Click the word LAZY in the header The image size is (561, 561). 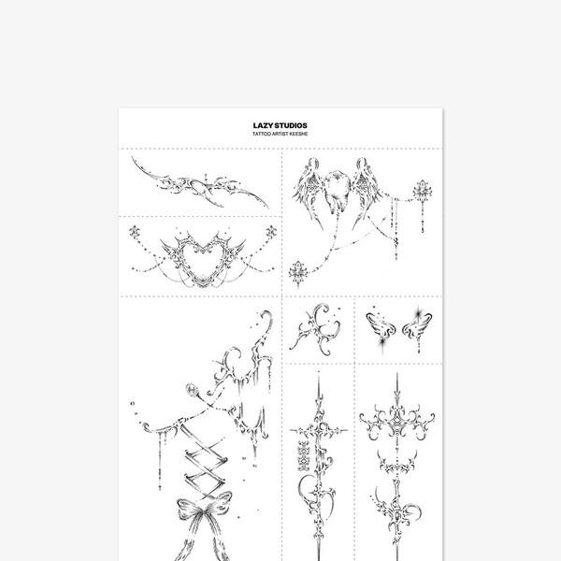coord(262,125)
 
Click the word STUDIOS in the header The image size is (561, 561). coord(291,125)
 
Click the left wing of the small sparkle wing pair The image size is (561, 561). coord(381,326)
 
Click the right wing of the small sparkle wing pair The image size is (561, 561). coord(417,325)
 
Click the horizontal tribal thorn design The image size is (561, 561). coord(200,183)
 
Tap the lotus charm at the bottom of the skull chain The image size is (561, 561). coord(298,273)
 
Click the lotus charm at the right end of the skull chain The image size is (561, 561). coord(423,191)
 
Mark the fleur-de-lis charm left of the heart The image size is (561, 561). coord(135,233)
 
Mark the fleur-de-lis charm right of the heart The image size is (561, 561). coord(271,233)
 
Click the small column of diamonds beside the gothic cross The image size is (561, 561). coord(303,455)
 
